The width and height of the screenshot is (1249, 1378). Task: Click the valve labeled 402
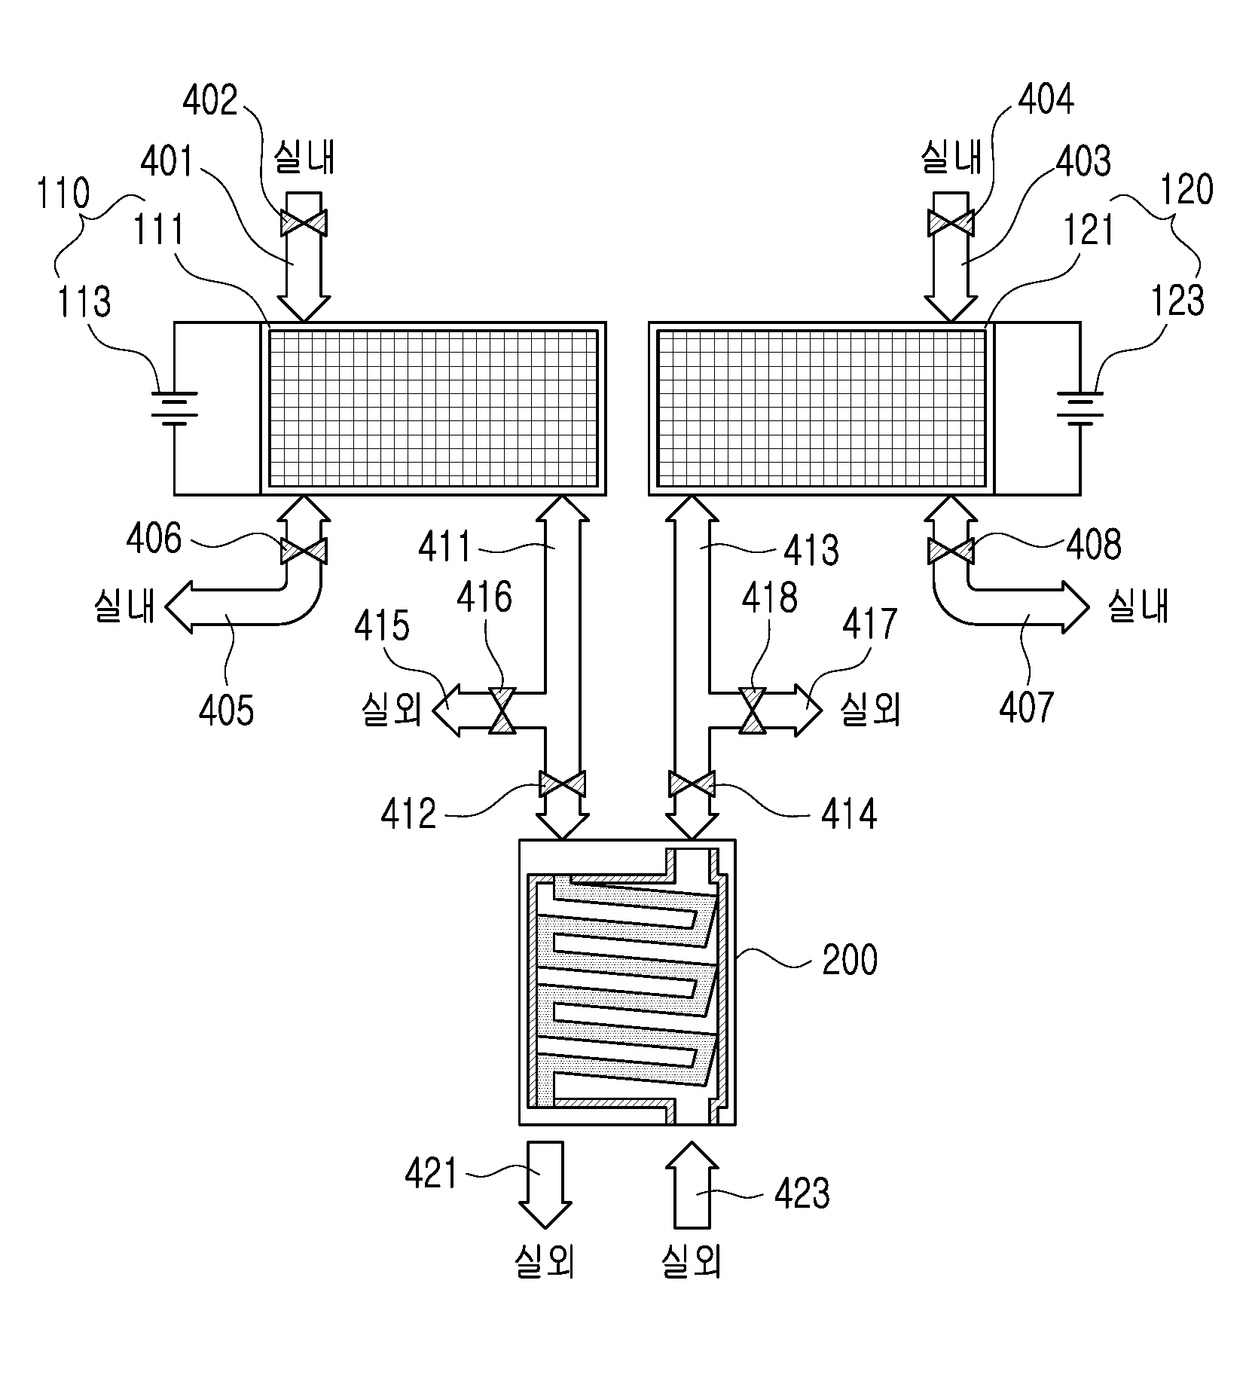304,224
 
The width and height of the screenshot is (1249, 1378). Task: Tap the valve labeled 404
950,224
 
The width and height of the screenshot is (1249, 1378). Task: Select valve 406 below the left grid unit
304,552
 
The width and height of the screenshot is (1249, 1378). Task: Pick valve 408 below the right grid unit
950,552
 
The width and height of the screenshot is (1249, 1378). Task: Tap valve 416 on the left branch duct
502,710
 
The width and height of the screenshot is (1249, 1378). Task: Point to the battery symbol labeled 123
1080,408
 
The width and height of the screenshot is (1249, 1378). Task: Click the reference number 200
850,961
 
